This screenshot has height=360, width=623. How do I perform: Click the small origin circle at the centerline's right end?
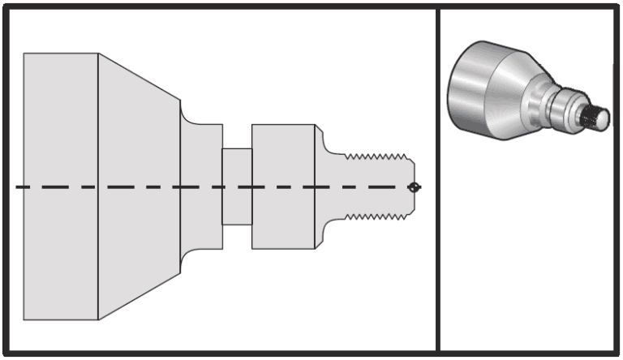(x=415, y=187)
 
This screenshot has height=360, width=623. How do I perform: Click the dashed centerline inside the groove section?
(x=237, y=187)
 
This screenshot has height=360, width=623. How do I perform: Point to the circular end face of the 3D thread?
(x=602, y=119)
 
